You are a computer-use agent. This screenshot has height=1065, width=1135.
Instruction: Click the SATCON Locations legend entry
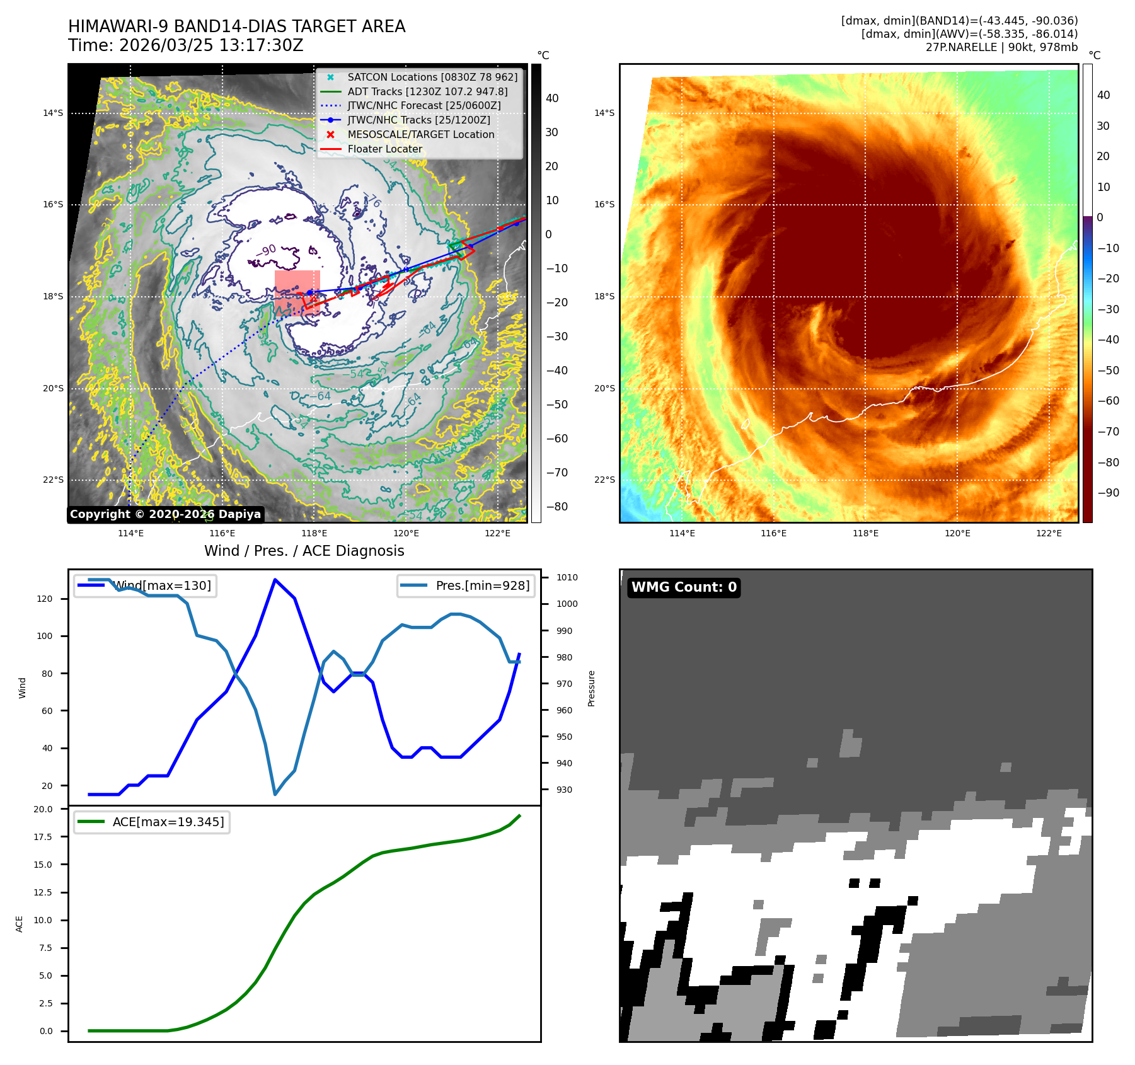[x=432, y=77]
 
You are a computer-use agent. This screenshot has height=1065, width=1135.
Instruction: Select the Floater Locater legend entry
[x=385, y=149]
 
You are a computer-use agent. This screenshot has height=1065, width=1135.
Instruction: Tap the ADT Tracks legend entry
[x=427, y=91]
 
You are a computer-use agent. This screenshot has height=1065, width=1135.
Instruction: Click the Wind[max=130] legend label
[x=162, y=585]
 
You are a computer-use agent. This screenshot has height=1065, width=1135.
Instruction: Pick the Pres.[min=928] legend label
[x=482, y=585]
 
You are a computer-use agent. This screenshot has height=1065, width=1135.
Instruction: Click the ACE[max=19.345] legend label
[x=168, y=822]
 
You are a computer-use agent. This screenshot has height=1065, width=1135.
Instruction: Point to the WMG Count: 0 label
[x=684, y=587]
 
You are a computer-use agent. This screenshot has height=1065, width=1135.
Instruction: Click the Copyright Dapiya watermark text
[x=165, y=514]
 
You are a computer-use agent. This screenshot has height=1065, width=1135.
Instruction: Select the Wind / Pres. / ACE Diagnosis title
[x=304, y=551]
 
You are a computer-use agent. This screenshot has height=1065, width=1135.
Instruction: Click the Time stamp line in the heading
[x=186, y=45]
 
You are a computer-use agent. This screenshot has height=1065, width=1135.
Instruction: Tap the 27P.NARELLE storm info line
[x=1001, y=47]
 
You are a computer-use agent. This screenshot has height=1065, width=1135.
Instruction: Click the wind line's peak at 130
[x=275, y=579]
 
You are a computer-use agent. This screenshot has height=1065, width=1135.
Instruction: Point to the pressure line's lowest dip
[x=275, y=794]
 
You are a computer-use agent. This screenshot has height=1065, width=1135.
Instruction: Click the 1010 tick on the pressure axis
[x=567, y=577]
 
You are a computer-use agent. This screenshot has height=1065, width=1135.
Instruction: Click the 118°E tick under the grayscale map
[x=314, y=533]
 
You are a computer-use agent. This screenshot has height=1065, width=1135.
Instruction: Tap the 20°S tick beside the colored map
[x=604, y=388]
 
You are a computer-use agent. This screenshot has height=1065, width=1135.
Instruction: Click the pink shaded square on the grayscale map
[x=297, y=292]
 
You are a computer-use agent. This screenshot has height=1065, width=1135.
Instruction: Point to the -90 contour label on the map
[x=266, y=251]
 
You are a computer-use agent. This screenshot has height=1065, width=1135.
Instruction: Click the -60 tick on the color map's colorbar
[x=1108, y=401]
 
